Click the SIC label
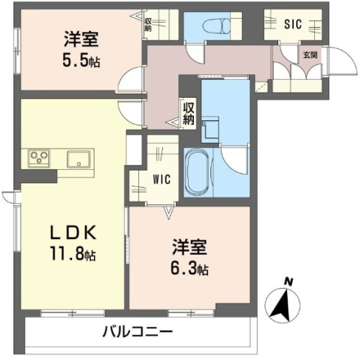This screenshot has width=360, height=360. click(293, 24)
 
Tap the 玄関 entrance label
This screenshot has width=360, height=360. click(309, 55)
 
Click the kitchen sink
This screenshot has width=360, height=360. click(78, 159)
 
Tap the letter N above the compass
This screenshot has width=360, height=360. click(289, 283)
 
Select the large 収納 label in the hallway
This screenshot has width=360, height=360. click(189, 113)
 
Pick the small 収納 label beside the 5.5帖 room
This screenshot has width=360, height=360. click(148, 26)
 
